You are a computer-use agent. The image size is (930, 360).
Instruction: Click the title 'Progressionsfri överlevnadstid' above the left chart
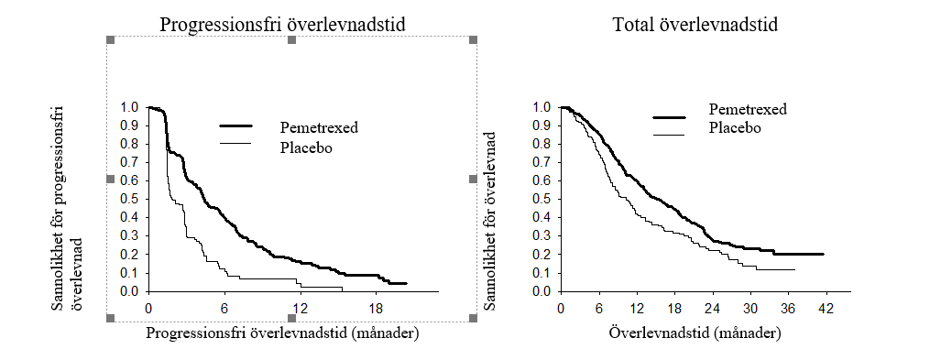coord(283,25)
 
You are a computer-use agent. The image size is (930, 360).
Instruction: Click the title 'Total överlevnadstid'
coord(695,25)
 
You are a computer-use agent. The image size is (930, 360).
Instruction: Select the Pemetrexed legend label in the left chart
coord(320,126)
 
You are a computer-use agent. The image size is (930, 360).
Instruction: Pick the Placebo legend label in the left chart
coord(305,147)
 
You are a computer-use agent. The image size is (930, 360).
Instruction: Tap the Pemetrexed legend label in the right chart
coord(748,109)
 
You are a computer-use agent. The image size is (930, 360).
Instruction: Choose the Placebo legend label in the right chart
coord(734,127)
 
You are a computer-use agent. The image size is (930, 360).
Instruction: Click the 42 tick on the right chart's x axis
coord(826,309)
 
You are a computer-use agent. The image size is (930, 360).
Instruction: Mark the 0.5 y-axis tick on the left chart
coord(132,200)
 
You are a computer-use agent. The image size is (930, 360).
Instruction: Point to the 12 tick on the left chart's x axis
coord(301,309)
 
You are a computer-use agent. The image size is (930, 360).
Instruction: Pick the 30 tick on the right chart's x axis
coord(750,309)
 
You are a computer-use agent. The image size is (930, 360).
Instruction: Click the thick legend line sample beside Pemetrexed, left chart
coord(236,125)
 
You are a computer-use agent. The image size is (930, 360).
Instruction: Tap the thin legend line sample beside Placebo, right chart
coord(669,136)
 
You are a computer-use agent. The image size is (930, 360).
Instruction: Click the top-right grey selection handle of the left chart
coord(474,39)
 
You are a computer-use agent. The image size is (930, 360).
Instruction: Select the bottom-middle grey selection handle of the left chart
coord(291,319)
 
